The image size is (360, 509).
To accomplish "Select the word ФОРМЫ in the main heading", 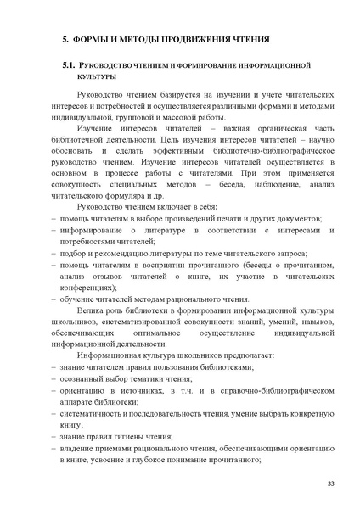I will (89, 39).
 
